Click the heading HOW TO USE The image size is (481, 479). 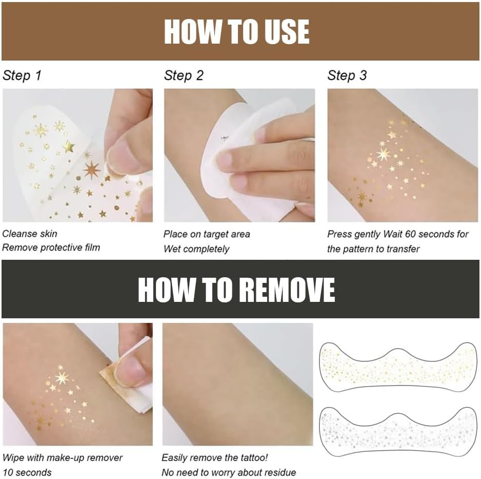236,32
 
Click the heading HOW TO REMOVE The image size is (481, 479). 236,290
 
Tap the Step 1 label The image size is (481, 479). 22,76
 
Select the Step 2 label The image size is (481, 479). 184,76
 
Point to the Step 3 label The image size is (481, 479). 347,76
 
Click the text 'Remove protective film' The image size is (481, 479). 51,247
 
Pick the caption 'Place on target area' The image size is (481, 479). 207,234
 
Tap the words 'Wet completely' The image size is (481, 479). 196,249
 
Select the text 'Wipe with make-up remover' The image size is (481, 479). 63,457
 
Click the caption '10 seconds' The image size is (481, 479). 27,472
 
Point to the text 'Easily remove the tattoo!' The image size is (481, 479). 215,457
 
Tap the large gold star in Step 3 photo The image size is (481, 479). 383,154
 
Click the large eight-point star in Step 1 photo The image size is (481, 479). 91,170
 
